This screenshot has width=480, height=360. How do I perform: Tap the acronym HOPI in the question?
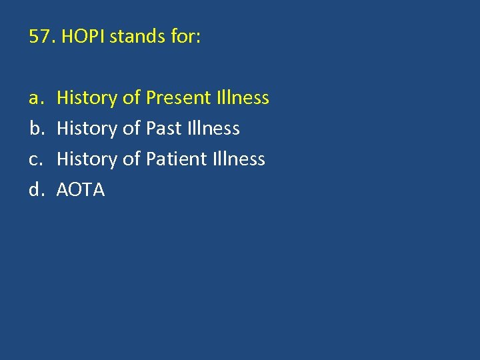pyautogui.click(x=83, y=37)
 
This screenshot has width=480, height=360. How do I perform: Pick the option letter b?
pyautogui.click(x=35, y=129)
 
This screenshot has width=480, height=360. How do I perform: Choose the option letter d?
pyautogui.click(x=35, y=190)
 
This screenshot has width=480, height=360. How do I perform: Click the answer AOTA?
pyautogui.click(x=81, y=190)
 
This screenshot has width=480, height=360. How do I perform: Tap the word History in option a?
pyautogui.click(x=87, y=99)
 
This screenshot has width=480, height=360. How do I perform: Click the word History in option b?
pyautogui.click(x=87, y=129)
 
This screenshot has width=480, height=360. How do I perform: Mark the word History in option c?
pyautogui.click(x=87, y=159)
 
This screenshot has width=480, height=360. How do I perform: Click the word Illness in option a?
pyautogui.click(x=243, y=98)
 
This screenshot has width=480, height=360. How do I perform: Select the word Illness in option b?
pyautogui.click(x=214, y=129)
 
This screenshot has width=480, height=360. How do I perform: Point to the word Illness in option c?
pyautogui.click(x=239, y=159)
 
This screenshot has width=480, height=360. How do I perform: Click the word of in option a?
pyautogui.click(x=131, y=98)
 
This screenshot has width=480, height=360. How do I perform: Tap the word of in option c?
pyautogui.click(x=131, y=159)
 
